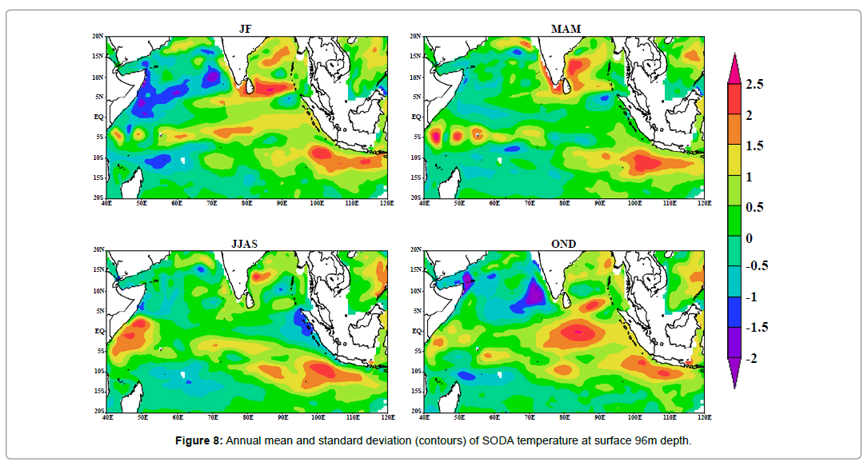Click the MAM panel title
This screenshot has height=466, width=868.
click(566, 29)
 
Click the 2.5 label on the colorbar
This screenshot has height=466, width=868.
click(754, 84)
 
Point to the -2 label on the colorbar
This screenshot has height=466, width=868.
click(753, 359)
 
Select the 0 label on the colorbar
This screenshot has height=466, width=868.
click(749, 237)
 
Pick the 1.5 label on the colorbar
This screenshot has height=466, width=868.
click(754, 145)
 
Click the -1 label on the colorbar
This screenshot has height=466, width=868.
click(751, 298)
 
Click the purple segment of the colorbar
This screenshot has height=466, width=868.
click(734, 344)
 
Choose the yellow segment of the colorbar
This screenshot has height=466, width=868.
click(734, 161)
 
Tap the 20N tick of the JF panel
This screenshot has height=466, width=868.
click(98, 37)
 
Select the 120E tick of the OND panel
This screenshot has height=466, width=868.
click(704, 417)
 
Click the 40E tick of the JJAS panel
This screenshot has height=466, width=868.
click(107, 417)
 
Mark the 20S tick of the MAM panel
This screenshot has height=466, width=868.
click(414, 197)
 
